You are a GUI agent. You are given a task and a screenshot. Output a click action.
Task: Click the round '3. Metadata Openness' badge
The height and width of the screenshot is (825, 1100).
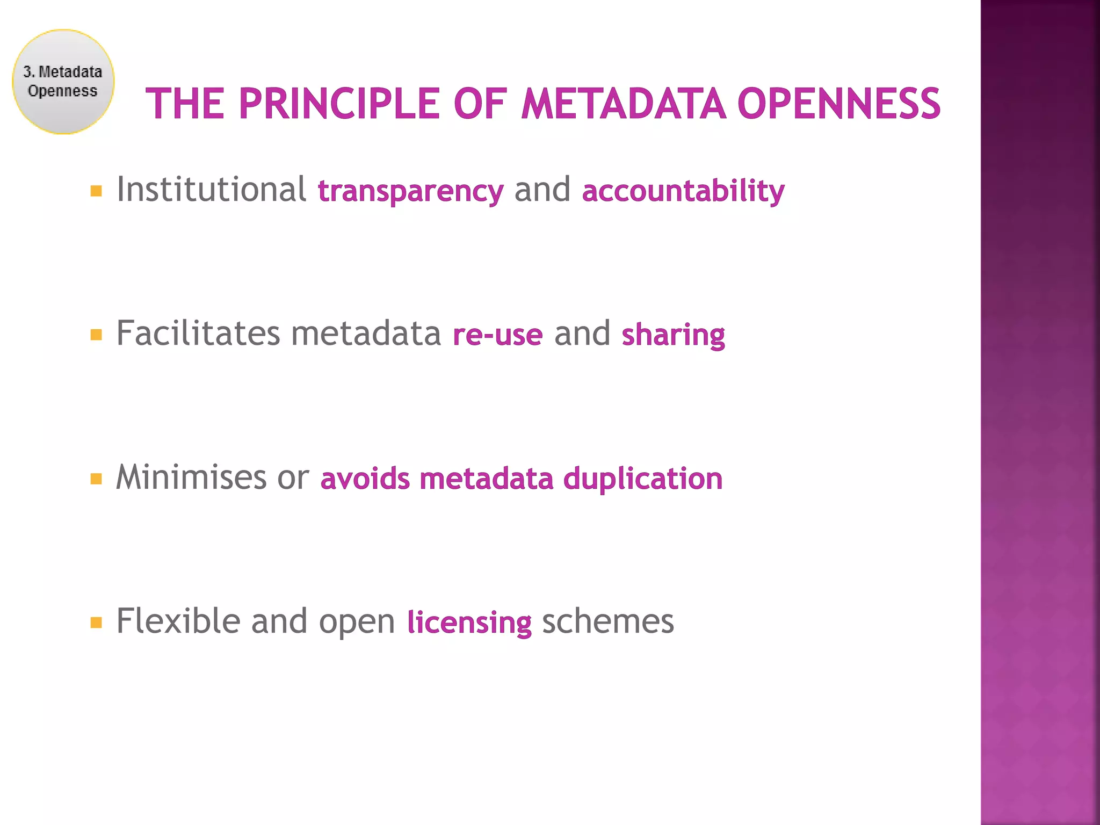click(x=63, y=82)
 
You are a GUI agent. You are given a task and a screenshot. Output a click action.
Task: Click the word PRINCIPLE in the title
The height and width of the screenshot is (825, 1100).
click(x=339, y=104)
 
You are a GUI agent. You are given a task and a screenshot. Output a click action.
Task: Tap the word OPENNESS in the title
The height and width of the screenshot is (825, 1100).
click(x=838, y=104)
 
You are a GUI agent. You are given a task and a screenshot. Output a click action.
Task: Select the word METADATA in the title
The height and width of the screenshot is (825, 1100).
click(x=623, y=104)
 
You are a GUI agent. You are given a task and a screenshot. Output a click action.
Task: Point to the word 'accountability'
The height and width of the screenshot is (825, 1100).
click(x=683, y=191)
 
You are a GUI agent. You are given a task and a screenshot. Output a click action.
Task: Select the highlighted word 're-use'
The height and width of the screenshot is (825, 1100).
click(x=498, y=335)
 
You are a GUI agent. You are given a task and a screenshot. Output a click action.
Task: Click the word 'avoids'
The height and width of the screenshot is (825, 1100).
click(x=365, y=479)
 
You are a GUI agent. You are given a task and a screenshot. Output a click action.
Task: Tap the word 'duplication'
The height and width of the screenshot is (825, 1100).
click(x=643, y=479)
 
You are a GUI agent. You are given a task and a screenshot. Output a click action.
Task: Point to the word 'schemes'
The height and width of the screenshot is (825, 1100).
click(x=608, y=621)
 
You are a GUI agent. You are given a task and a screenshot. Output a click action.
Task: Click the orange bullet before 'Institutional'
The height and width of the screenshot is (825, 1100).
click(x=96, y=191)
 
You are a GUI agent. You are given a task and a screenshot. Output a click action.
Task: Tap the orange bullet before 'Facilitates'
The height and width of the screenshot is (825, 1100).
click(x=96, y=335)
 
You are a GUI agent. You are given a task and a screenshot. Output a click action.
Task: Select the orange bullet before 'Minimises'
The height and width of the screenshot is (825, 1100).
click(x=96, y=479)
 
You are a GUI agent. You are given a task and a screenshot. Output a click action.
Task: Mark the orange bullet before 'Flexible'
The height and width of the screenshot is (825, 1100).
click(x=96, y=623)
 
